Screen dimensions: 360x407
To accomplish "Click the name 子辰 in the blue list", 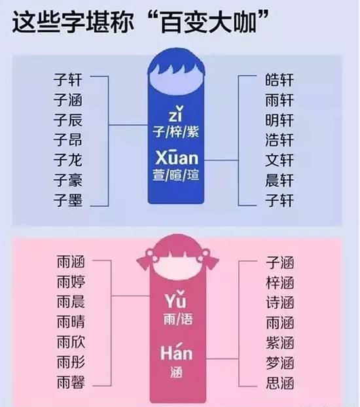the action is click(x=68, y=120).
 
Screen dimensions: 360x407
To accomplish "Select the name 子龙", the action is click(x=68, y=160).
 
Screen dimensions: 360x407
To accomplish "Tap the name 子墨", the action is click(x=68, y=200).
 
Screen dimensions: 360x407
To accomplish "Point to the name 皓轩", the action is click(x=279, y=80).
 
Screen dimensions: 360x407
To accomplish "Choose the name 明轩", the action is click(x=279, y=120).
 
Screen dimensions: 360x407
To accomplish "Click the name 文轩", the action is click(x=279, y=160).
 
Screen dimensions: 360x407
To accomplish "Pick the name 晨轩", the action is click(x=279, y=180).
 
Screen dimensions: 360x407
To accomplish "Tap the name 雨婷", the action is click(x=71, y=282).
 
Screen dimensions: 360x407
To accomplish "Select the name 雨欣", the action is click(x=71, y=342).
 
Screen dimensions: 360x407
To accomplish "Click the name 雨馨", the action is click(x=71, y=382).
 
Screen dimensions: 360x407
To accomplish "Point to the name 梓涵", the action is click(x=280, y=283).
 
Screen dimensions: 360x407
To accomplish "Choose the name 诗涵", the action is click(x=280, y=303).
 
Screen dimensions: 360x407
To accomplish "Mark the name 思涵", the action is click(x=280, y=383).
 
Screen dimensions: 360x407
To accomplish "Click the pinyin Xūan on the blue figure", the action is click(x=177, y=157).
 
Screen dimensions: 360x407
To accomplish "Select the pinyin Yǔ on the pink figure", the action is click(x=176, y=300).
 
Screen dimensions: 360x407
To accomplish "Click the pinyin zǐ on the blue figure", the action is click(x=176, y=114).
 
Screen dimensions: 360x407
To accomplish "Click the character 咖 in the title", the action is click(x=244, y=22).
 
